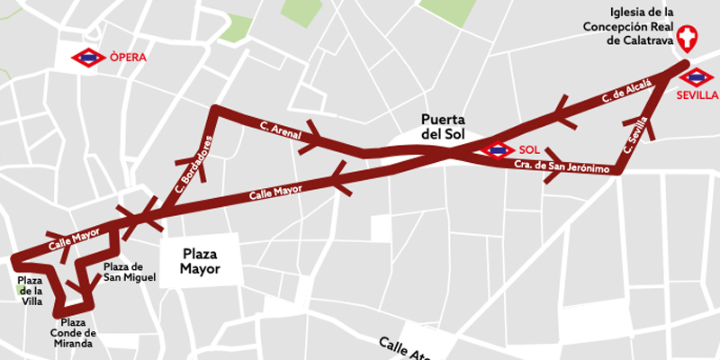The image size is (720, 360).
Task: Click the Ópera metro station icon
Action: coord(88,58)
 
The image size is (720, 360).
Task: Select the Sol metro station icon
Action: coord(499,149)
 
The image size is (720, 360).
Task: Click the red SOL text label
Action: coord(529,149)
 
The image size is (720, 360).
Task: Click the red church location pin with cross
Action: coord(688,39)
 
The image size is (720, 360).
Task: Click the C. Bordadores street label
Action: coord(194,165)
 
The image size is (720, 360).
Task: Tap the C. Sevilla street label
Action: coord(635,135)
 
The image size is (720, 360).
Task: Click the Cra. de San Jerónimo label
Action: coord(555,167)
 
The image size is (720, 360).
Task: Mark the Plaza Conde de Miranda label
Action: coord(74,333)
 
